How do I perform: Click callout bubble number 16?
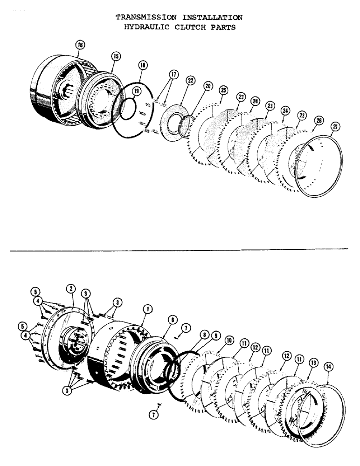(x=80, y=45)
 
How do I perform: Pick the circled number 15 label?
(x=116, y=56)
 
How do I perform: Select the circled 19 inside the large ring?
(x=135, y=90)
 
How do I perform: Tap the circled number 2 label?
(x=71, y=289)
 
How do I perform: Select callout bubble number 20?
(x=208, y=86)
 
